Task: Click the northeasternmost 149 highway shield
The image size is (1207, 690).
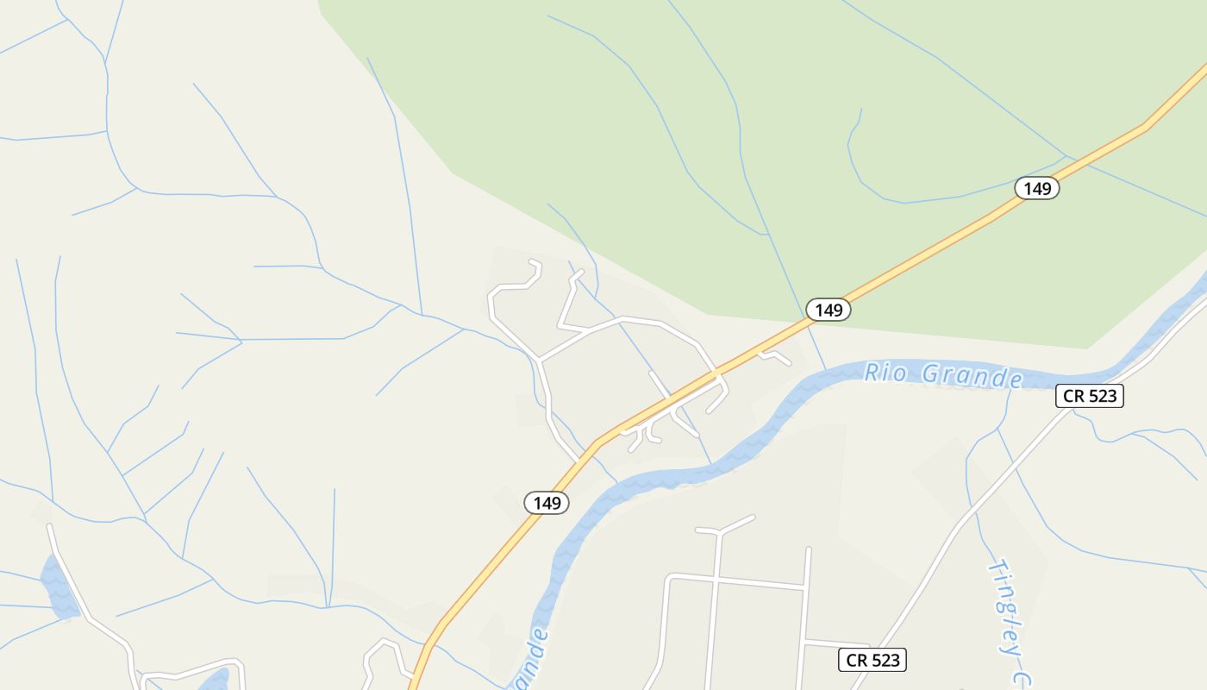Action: coord(1036,188)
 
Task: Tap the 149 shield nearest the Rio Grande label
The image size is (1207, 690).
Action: coord(829,310)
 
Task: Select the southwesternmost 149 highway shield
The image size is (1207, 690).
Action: coord(547,503)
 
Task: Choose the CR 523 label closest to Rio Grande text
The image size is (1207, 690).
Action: coord(1090,396)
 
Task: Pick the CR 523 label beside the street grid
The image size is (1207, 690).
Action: coord(872,660)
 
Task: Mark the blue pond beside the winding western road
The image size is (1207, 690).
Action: coord(59,586)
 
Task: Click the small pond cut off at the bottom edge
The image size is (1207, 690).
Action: coord(214,681)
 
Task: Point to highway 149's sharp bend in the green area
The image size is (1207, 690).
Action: coord(1144,127)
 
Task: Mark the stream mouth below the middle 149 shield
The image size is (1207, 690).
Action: coord(826,370)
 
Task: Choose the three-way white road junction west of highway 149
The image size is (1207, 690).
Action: coord(540,358)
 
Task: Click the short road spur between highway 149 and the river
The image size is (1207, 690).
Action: coord(774,355)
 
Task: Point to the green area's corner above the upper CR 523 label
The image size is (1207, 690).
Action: coord(1088,348)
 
